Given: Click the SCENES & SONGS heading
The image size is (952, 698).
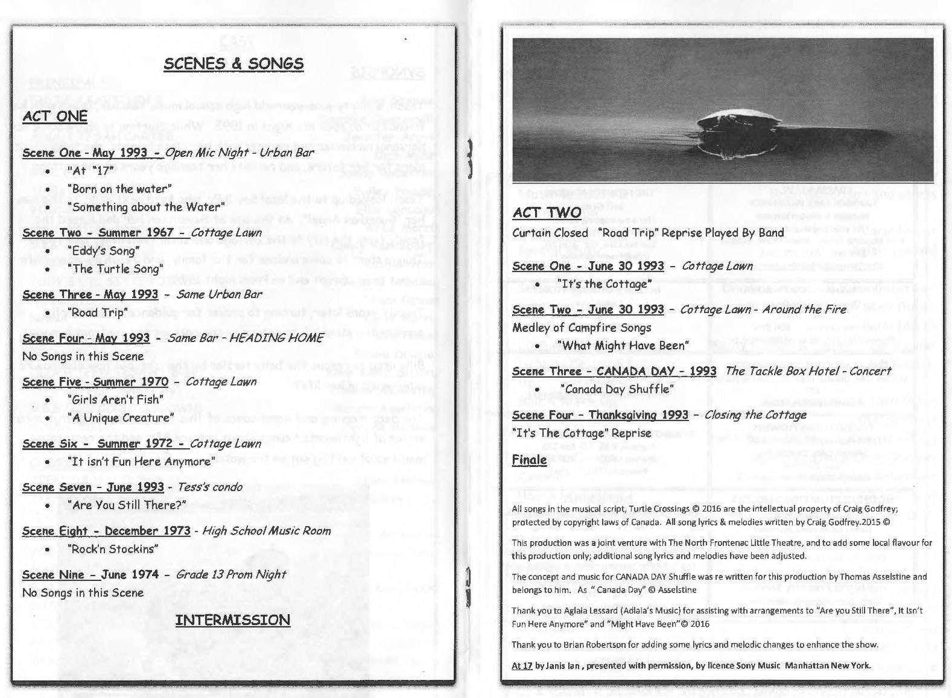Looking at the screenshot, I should coord(233,64).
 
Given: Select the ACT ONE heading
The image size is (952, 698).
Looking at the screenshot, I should coord(55,116).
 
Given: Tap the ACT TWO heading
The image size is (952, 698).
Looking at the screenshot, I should coord(547,212).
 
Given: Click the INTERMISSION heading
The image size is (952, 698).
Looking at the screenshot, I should coord(233,620).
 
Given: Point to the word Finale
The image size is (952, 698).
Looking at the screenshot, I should coord(529,460).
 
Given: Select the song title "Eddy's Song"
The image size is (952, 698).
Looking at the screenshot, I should coord(103,250).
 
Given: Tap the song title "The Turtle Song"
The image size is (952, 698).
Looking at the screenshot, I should coord(115,268).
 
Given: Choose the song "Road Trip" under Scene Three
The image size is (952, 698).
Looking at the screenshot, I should coord(98,312).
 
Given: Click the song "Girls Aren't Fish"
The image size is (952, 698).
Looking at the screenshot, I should coord(115,399).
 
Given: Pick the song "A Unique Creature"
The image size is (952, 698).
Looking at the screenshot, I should coord(121,417).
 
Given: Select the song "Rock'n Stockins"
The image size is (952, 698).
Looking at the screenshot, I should coord(113,549).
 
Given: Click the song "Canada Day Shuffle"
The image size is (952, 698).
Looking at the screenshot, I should coord(615,389).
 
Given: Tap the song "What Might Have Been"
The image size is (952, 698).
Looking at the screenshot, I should coord(623,346).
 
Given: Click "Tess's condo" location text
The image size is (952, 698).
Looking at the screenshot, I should coord(210,487).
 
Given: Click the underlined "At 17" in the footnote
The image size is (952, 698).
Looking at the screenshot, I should coord(522,666).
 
